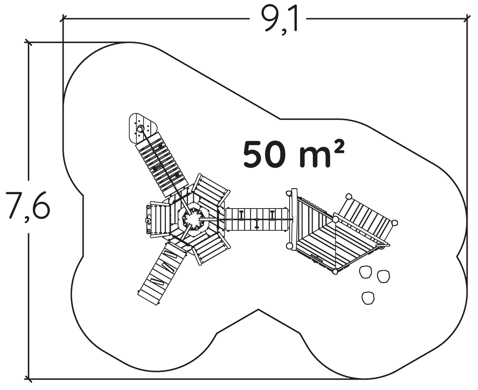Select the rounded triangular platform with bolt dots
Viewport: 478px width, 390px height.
coord(142,128)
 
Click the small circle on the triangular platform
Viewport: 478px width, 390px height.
coord(140,129)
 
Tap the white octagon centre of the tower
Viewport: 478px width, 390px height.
coord(193,219)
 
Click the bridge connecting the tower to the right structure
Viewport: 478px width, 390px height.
coord(257,219)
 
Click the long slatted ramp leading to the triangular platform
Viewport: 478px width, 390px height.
coord(162,165)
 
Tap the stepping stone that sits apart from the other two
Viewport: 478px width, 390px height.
coord(368,298)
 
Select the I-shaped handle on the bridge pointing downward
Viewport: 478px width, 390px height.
coord(257,224)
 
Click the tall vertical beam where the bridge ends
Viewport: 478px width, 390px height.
coord(294,219)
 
